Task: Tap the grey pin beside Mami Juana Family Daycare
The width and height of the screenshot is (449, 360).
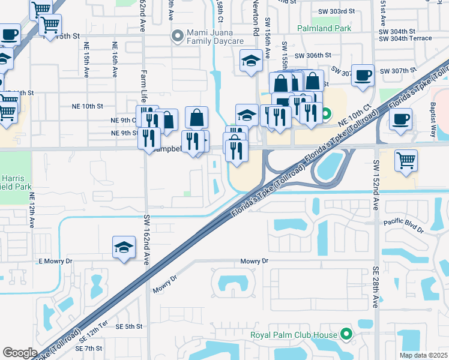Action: point(177,36)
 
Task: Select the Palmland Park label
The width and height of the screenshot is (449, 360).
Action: point(324,28)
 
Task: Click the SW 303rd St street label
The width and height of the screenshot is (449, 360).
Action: point(336,12)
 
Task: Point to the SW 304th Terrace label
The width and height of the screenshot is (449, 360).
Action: point(405,38)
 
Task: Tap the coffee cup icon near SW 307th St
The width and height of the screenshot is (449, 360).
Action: point(363,76)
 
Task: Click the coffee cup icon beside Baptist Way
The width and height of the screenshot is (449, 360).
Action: point(400,118)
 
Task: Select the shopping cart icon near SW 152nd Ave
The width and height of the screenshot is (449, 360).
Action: point(406,160)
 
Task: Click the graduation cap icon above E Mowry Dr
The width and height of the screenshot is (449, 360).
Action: point(124,247)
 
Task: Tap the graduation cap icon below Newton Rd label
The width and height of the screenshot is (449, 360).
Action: point(250,60)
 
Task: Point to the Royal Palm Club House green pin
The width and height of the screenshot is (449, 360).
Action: point(346,334)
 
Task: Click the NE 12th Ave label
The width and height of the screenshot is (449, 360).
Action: point(32,209)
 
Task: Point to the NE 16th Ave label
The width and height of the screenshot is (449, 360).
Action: point(114,61)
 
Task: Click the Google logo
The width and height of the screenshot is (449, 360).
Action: point(20,352)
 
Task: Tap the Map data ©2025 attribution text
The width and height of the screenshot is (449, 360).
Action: point(423,355)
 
